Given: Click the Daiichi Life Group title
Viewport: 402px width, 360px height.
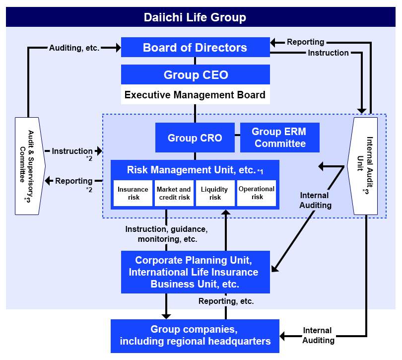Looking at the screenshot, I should (x=195, y=18).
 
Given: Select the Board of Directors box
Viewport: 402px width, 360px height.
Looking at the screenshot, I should (x=195, y=48).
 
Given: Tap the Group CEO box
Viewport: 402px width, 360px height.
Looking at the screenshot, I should (x=195, y=75).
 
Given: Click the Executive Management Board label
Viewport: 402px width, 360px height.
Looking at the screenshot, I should (x=195, y=95).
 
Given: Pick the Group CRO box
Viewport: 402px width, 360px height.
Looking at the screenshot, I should (x=195, y=138).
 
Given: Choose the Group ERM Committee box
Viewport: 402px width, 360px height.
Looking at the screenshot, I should (x=279, y=138).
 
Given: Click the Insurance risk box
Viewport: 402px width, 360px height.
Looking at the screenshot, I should (x=133, y=193).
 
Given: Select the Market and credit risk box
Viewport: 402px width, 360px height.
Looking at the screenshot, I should (x=174, y=193).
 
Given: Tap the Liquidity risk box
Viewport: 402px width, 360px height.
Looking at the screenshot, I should (x=215, y=193).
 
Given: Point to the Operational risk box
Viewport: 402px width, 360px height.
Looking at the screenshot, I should (x=257, y=193).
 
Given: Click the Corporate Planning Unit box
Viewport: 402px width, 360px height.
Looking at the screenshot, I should (x=195, y=272).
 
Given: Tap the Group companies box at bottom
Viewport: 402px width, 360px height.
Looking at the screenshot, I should (x=195, y=336).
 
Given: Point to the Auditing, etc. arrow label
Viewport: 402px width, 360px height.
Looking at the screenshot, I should (x=74, y=48).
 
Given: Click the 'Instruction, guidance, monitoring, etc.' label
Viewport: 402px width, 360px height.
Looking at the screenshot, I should (x=166, y=234).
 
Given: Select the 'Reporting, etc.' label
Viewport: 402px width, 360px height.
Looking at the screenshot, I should (x=226, y=301).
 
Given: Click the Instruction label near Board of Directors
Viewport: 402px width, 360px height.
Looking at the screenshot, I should (x=328, y=53).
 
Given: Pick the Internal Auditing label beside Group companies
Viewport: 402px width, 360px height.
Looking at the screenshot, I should (x=318, y=335).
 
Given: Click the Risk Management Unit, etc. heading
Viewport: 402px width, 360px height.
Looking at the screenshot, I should (x=191, y=170).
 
